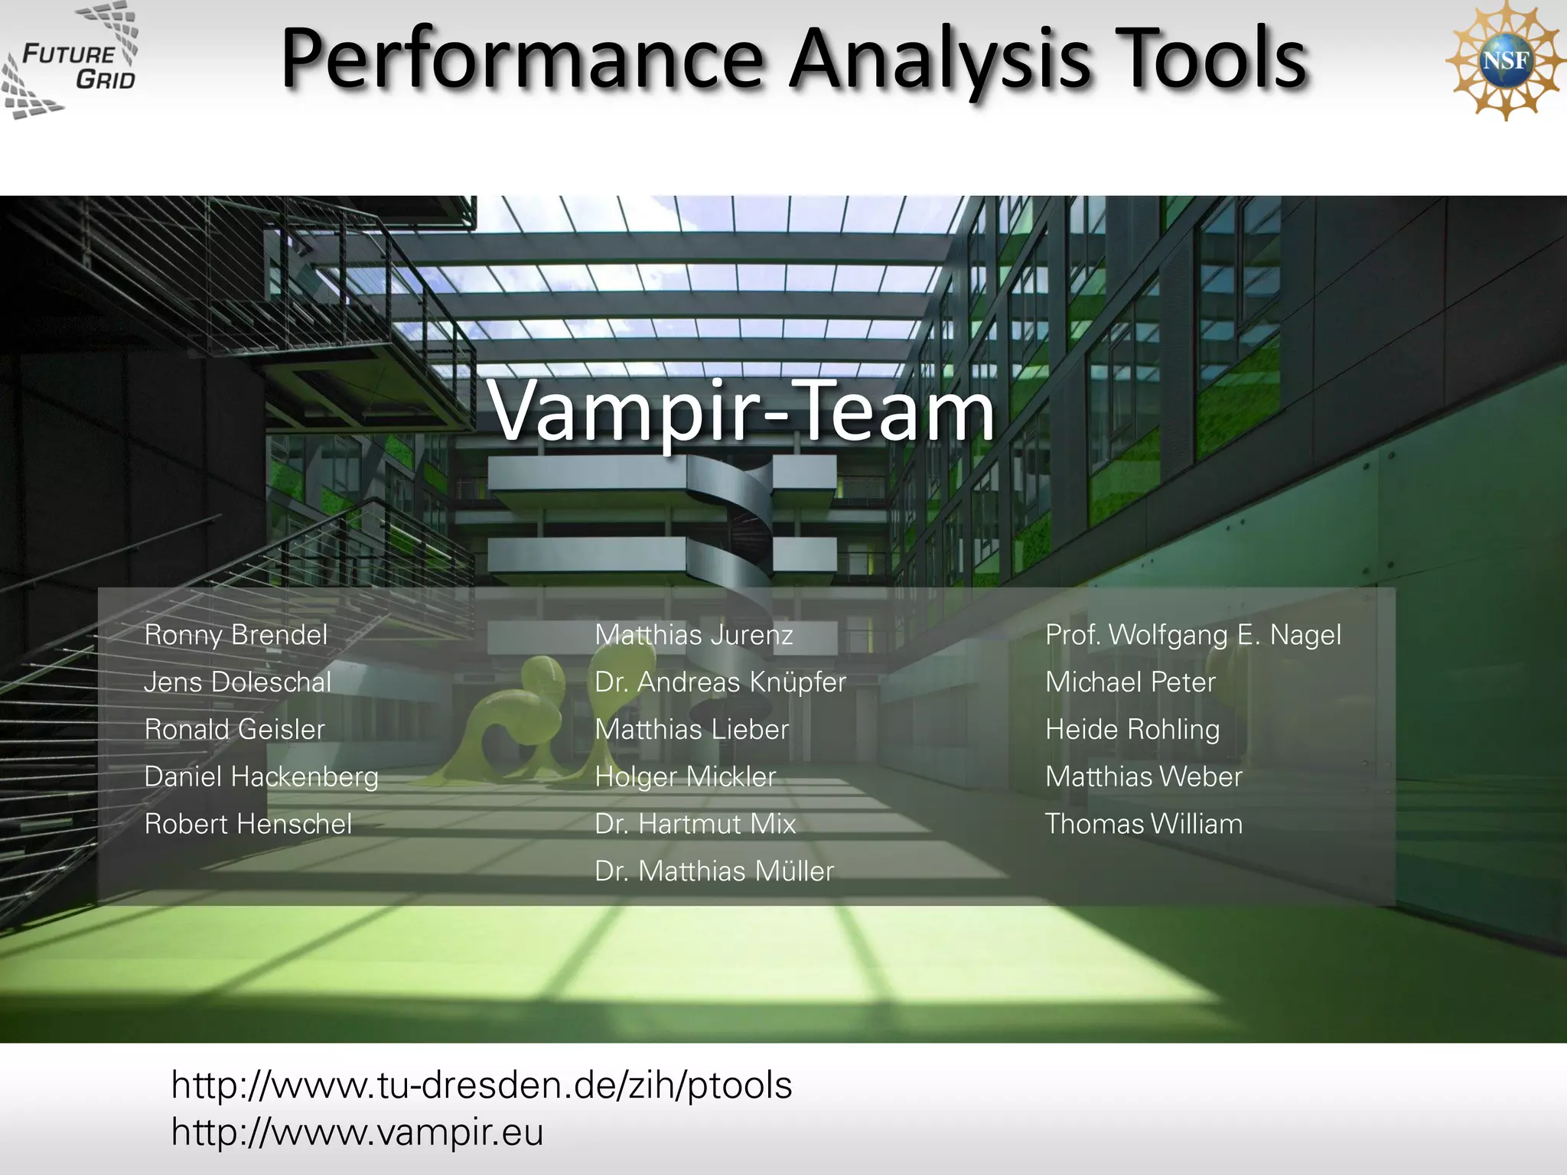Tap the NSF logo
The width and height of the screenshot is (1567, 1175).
click(x=1504, y=61)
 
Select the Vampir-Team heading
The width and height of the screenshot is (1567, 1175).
click(x=741, y=412)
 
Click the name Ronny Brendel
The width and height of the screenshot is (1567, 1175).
click(x=236, y=635)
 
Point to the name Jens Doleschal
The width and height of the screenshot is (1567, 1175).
click(x=237, y=682)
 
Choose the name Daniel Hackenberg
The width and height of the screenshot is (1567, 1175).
click(x=261, y=777)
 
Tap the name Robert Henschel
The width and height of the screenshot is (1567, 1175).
click(x=248, y=824)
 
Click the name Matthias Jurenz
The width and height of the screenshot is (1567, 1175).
click(x=693, y=635)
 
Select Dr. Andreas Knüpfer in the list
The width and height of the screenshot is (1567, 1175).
click(x=720, y=682)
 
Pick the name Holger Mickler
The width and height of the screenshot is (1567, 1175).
click(x=685, y=777)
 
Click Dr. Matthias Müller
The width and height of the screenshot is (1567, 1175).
click(x=714, y=871)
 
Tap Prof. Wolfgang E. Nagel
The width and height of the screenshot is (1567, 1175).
click(x=1193, y=635)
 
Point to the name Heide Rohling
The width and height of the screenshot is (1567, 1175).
click(x=1132, y=730)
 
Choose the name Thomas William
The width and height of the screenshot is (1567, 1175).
click(x=1144, y=824)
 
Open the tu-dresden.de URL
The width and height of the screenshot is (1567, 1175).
click(x=481, y=1085)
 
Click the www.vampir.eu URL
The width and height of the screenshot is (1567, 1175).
click(x=357, y=1132)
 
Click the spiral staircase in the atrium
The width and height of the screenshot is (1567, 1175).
click(x=735, y=528)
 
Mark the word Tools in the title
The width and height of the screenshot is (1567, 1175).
click(x=1210, y=60)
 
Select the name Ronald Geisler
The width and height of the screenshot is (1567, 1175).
click(x=234, y=730)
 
